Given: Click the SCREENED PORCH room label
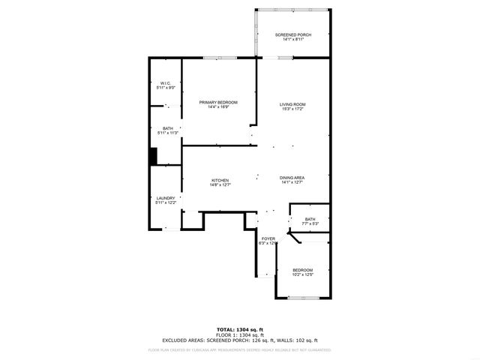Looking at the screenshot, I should [292, 35].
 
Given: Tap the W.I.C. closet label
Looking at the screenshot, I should [166, 83].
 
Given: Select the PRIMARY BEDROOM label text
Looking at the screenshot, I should [218, 102].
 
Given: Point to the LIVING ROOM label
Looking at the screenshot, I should [292, 104].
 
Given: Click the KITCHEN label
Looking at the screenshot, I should [220, 180].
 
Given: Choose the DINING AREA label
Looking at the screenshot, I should [292, 178].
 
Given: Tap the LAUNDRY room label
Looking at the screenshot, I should [166, 199].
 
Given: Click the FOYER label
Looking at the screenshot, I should [268, 238].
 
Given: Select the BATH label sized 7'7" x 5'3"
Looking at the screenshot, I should [310, 219].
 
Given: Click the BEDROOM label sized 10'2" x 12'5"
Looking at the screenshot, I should [302, 270].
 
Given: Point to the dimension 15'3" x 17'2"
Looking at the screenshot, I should [292, 109].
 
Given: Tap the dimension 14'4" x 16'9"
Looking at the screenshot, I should [218, 107].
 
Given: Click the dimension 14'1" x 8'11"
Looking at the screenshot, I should [292, 40].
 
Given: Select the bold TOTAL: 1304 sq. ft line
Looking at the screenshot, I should [240, 329].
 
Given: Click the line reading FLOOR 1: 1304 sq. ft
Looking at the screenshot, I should [240, 334].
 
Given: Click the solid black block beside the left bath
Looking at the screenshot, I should [153, 156].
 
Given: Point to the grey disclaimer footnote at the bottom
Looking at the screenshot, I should [240, 349].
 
